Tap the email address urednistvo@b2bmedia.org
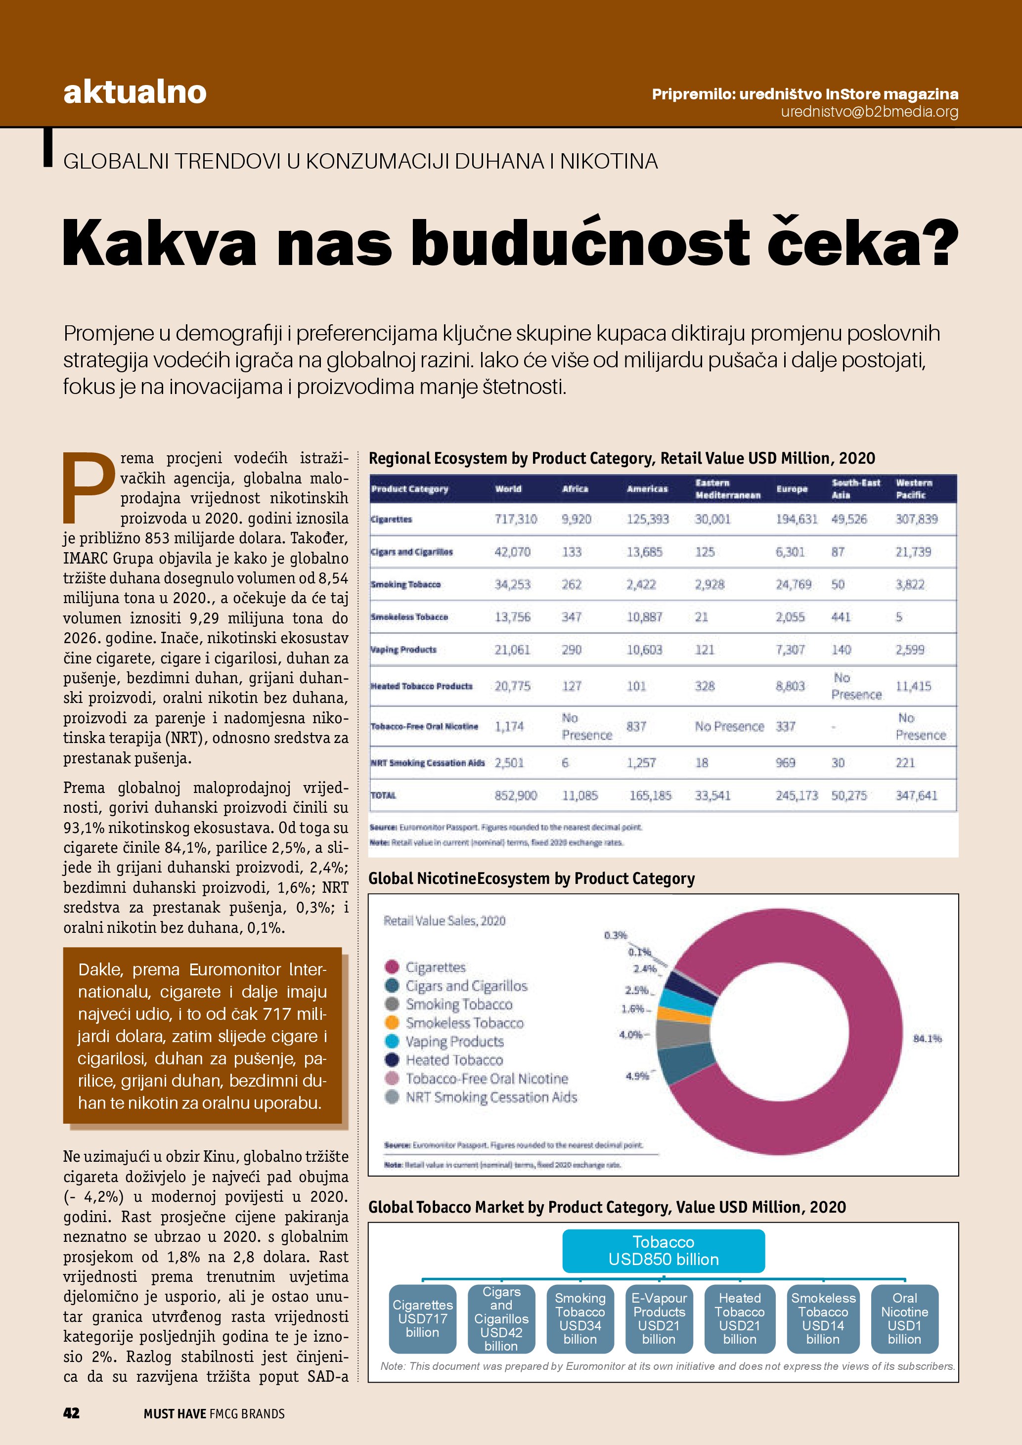click(869, 112)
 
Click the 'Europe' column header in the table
click(792, 489)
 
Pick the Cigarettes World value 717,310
click(515, 519)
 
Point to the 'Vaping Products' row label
click(403, 650)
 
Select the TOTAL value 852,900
click(515, 795)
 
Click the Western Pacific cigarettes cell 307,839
click(916, 519)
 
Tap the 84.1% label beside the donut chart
click(927, 1039)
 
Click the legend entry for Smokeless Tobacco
click(464, 1023)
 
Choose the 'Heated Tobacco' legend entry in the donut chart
click(454, 1060)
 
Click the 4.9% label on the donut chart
click(637, 1076)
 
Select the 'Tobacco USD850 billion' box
click(664, 1251)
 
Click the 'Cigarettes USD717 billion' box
click(422, 1318)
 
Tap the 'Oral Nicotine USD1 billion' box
click(904, 1318)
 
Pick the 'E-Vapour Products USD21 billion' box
click(659, 1318)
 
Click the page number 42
click(71, 1413)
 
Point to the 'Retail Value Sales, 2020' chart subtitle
click(444, 921)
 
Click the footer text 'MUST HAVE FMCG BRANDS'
click(214, 1413)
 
